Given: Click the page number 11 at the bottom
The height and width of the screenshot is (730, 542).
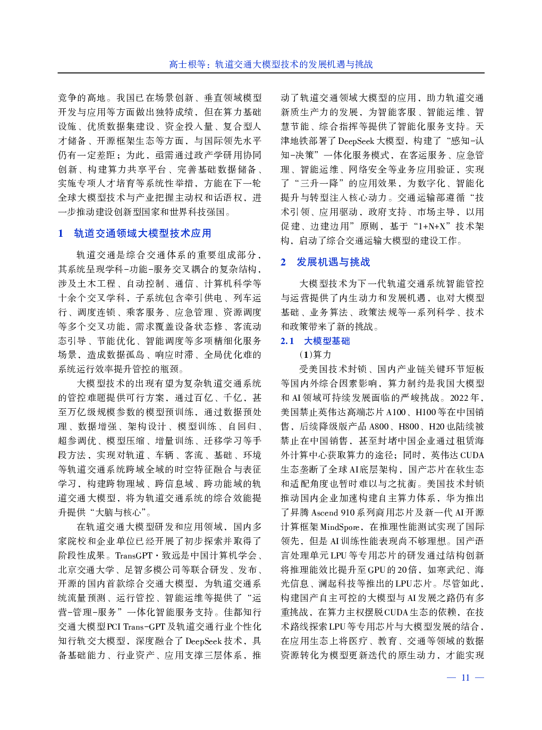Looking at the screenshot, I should coord(465,677).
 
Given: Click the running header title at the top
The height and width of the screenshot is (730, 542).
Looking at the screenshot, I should coord(271,64).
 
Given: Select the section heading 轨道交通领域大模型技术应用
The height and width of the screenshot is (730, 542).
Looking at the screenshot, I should coord(142,233).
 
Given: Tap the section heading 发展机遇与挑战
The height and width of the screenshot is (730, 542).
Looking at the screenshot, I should coord(333,262).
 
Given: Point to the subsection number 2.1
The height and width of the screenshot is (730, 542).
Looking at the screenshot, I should coord(287,341).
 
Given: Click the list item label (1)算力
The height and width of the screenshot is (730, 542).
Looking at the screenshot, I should coord(316,355).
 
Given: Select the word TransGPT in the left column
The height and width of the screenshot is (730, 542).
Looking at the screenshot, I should coord(134,555).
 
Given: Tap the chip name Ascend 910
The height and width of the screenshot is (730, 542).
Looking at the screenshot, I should coord(333,512).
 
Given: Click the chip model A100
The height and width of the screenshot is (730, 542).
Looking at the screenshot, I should coord(396,412).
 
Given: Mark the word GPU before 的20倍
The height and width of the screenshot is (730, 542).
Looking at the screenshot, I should coord(376,570).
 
